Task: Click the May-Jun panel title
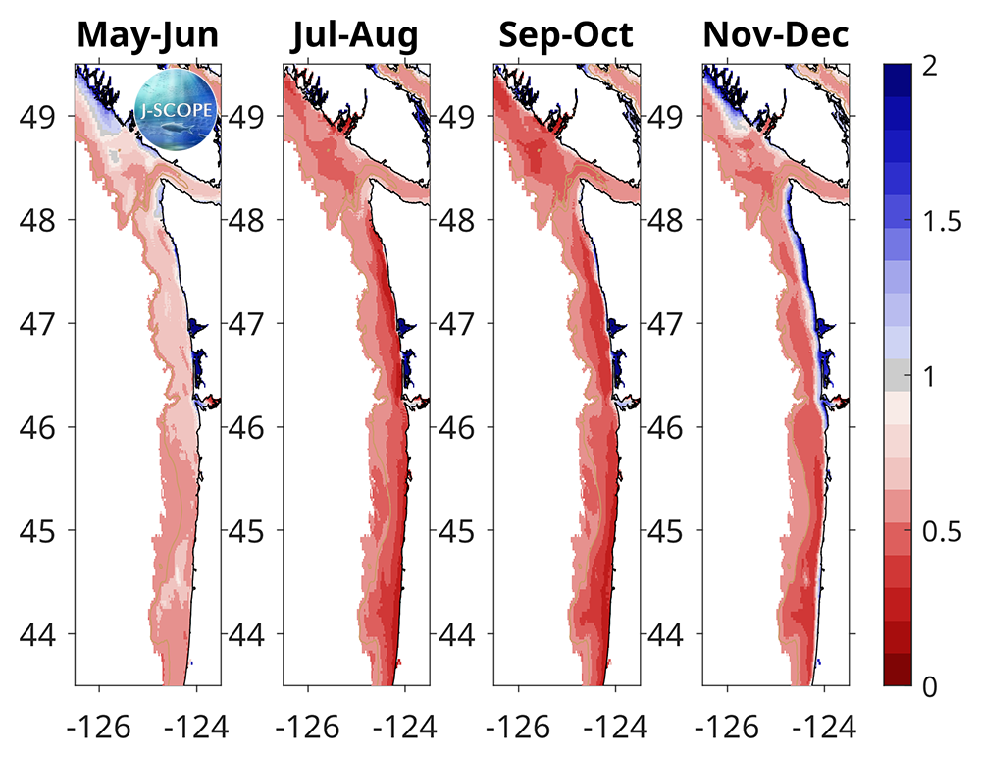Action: [147, 36]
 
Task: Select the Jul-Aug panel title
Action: [355, 36]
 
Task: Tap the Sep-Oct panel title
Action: [565, 36]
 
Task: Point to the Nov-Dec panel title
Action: [775, 36]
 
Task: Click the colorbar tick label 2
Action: [931, 66]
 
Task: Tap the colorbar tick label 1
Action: [931, 377]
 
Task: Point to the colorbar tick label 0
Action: [931, 686]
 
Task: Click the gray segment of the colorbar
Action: [898, 375]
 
